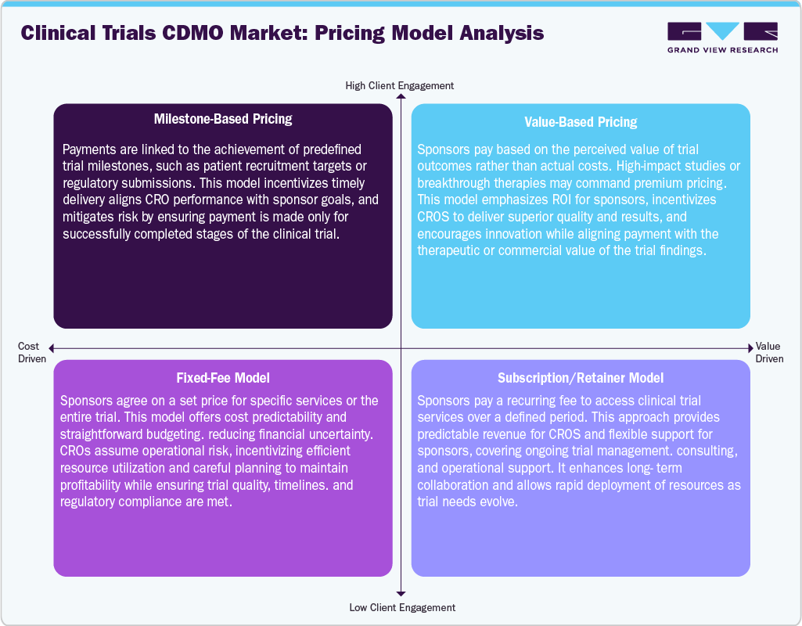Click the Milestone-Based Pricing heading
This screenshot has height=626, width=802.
pyautogui.click(x=223, y=119)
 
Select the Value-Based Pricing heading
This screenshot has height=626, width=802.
pyautogui.click(x=581, y=121)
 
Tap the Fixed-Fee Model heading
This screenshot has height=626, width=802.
pyautogui.click(x=223, y=378)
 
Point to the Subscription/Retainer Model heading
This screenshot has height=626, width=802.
pyautogui.click(x=581, y=378)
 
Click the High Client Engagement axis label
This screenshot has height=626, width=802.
pyautogui.click(x=400, y=85)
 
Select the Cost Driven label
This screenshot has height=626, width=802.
pyautogui.click(x=28, y=352)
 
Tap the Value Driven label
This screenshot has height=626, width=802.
pyautogui.click(x=768, y=352)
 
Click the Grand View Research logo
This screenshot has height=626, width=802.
pyautogui.click(x=722, y=38)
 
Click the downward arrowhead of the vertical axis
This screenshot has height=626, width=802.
pyautogui.click(x=401, y=594)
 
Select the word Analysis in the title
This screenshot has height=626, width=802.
pyautogui.click(x=498, y=34)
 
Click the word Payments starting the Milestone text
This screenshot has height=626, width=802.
pyautogui.click(x=90, y=149)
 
